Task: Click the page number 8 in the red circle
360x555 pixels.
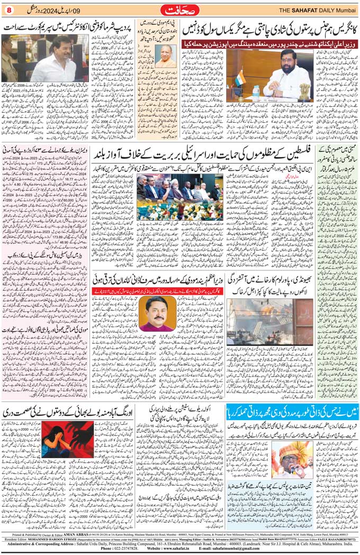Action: (x=9, y=9)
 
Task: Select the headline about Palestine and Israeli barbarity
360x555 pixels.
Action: (x=204, y=156)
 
